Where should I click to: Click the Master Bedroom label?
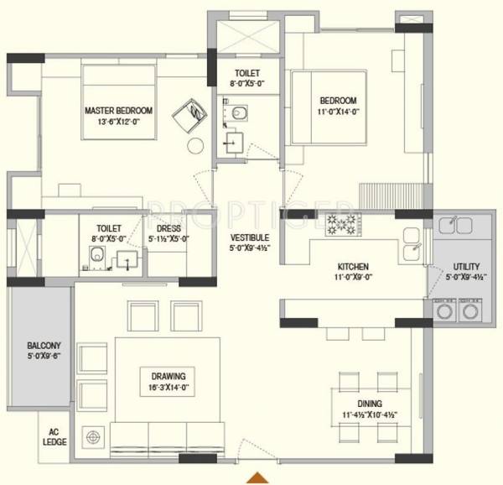point(117,111)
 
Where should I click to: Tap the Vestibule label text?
point(249,237)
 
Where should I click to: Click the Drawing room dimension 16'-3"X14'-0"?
point(169,389)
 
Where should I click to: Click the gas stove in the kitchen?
point(342,224)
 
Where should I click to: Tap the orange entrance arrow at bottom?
point(255,478)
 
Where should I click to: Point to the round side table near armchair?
point(195,144)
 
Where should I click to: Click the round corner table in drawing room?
point(91,437)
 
